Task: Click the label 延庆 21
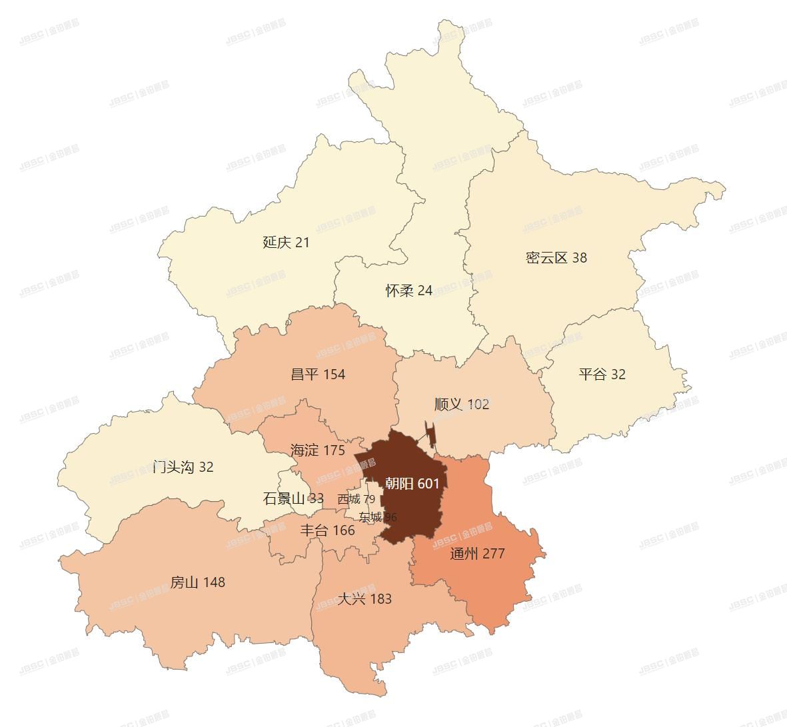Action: click(286, 242)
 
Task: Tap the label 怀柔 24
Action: click(408, 291)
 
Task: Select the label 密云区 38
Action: click(556, 258)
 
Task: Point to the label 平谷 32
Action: click(602, 374)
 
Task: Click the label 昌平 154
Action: click(318, 374)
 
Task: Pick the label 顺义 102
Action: click(461, 404)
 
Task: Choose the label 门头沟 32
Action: click(183, 466)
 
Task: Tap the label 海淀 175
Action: click(317, 450)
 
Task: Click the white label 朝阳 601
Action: click(412, 484)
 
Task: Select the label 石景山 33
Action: click(293, 498)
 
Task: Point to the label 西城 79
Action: click(356, 499)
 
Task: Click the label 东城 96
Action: click(377, 517)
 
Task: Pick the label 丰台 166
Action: click(327, 531)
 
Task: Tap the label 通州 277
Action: click(477, 554)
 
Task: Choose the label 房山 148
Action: click(197, 582)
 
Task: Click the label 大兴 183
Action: click(364, 599)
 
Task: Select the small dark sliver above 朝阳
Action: click(431, 435)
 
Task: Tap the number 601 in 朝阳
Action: click(428, 484)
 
